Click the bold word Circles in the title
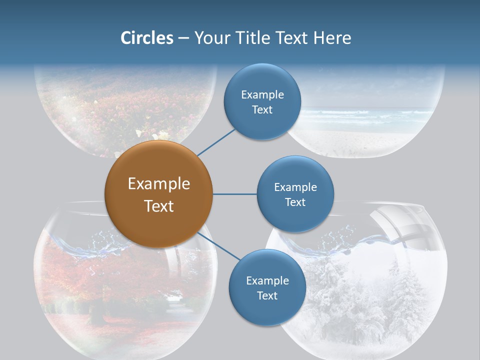[x=147, y=38]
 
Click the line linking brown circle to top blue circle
[x=216, y=142]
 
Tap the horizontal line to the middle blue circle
[x=234, y=194]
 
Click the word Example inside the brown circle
[x=158, y=184]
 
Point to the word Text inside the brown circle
[x=158, y=206]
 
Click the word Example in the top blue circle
[x=262, y=95]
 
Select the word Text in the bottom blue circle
[x=267, y=295]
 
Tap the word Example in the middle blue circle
[x=295, y=187]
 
